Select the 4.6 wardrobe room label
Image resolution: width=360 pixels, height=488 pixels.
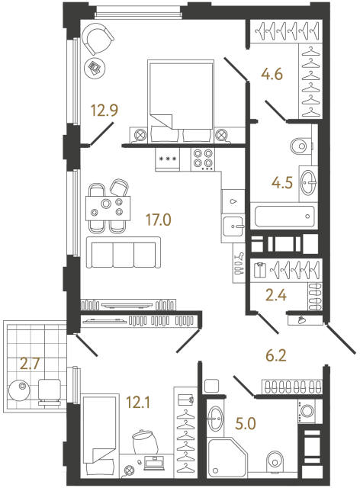272,75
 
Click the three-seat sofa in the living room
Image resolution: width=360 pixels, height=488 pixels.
122,252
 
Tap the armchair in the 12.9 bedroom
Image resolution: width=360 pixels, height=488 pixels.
98,38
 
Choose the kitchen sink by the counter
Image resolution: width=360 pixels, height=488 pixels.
233,225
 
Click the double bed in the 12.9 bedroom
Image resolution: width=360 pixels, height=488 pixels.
180,99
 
